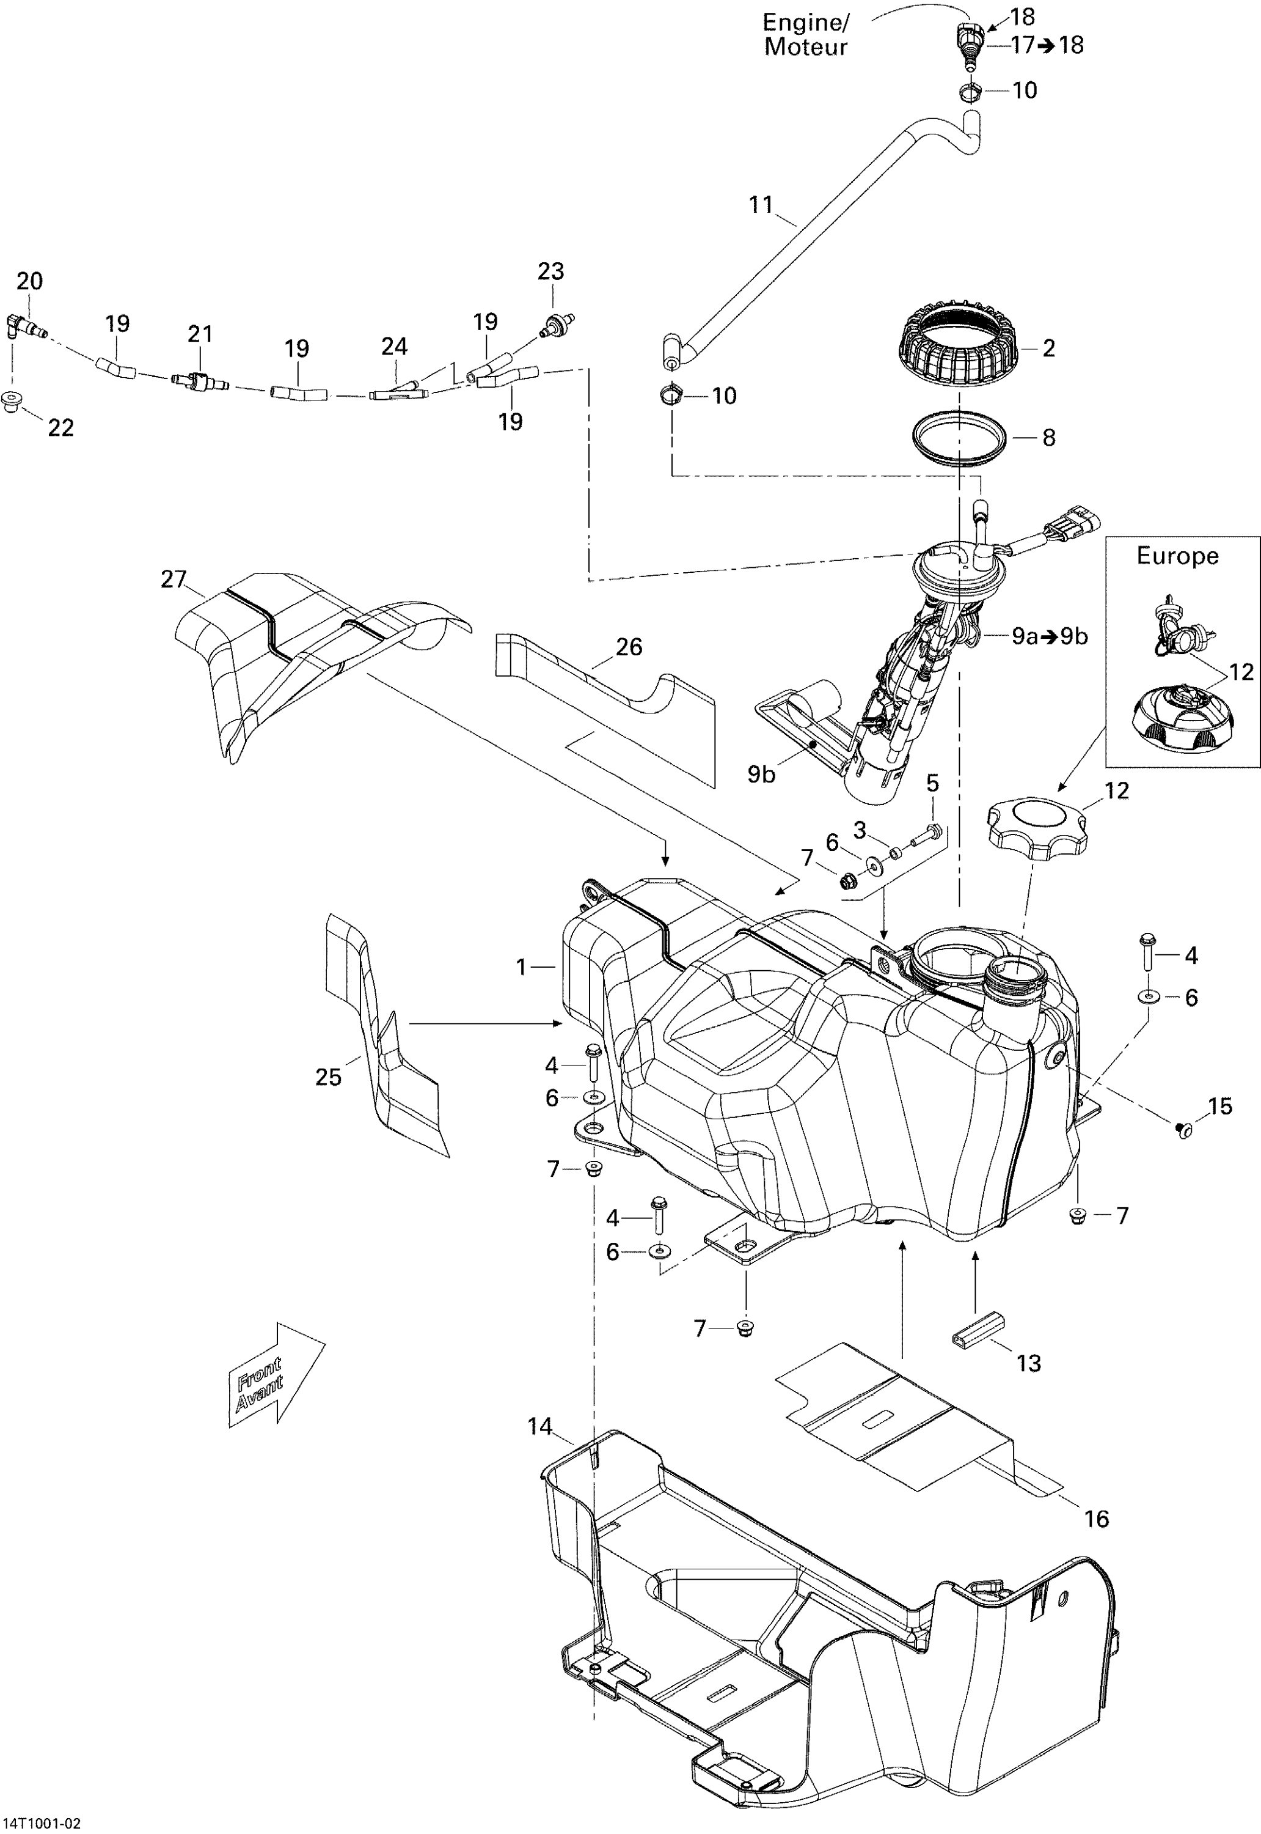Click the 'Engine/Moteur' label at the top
click(x=805, y=35)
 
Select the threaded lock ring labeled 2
click(x=957, y=346)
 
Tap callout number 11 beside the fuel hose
click(x=760, y=205)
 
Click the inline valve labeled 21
click(x=199, y=382)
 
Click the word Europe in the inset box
click(x=1177, y=556)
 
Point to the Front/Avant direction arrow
click(x=272, y=1375)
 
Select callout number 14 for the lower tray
click(x=539, y=1426)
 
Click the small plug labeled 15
click(x=1183, y=1130)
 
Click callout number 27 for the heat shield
click(x=173, y=580)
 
